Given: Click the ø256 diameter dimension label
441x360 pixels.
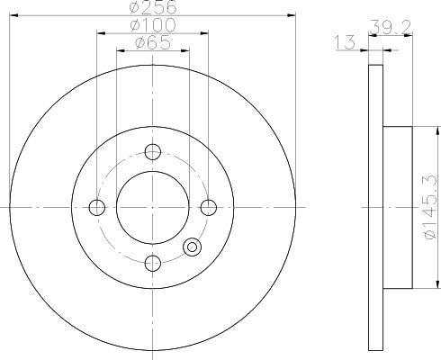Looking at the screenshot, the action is point(153,7).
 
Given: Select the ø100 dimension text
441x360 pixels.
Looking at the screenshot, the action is point(153,25).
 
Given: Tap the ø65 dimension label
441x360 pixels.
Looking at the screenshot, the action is point(153,42).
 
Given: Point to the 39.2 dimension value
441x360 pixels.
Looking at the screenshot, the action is point(390,27).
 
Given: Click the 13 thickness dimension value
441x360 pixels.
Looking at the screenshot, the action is point(345,42).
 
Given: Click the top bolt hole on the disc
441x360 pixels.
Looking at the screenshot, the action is point(153,152).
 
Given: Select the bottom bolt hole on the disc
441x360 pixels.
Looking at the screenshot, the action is point(153,263).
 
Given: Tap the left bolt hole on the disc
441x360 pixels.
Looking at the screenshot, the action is point(97,207).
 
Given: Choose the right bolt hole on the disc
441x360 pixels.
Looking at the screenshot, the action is point(209,207).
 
